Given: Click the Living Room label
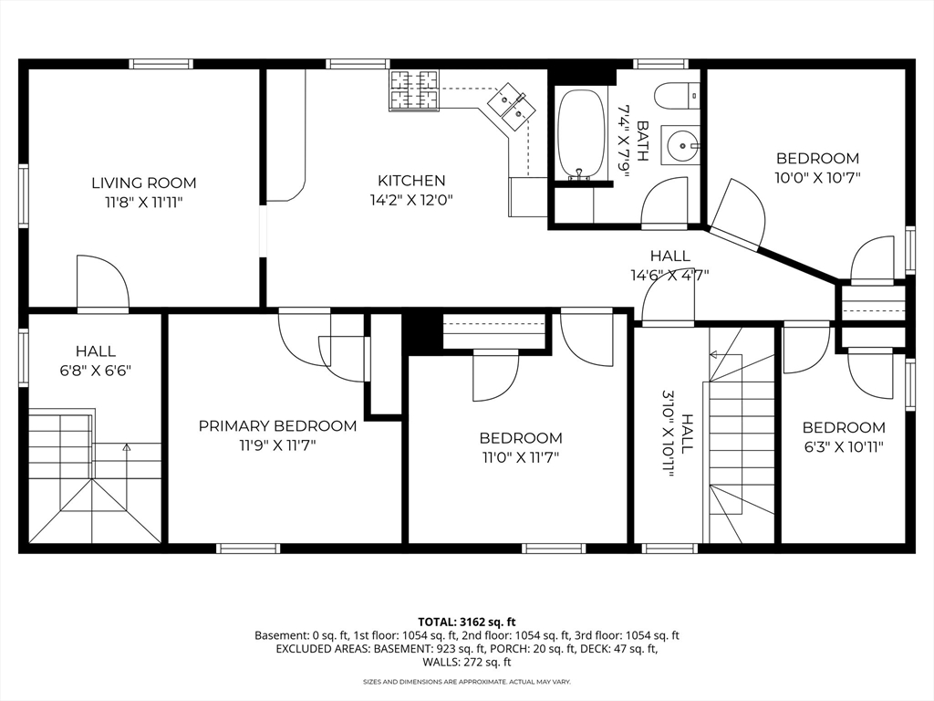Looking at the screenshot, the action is pos(143,183).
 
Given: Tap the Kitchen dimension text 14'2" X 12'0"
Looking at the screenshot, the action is pos(411,200).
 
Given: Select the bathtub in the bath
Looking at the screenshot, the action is pos(581,135).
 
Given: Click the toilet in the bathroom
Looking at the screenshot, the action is pos(677,95).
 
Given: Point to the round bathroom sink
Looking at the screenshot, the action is pos(680,144).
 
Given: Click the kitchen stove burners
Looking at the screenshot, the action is pos(413,90).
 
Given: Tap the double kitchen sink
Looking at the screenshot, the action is pos(513,106).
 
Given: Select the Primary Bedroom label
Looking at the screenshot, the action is pos(277,426).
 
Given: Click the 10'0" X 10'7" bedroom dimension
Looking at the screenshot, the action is pos(818,178).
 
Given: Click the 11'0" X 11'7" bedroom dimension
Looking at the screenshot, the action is pos(521,458).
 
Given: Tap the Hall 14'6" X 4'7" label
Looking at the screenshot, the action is pos(670,266).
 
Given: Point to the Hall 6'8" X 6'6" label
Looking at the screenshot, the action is pos(95,361).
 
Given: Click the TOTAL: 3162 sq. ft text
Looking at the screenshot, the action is pos(466,623).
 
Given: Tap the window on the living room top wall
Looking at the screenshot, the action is pos(161,64).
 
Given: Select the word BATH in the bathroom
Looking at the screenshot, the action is pos(642,141).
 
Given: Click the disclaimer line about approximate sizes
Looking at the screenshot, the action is pos(467,681).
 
